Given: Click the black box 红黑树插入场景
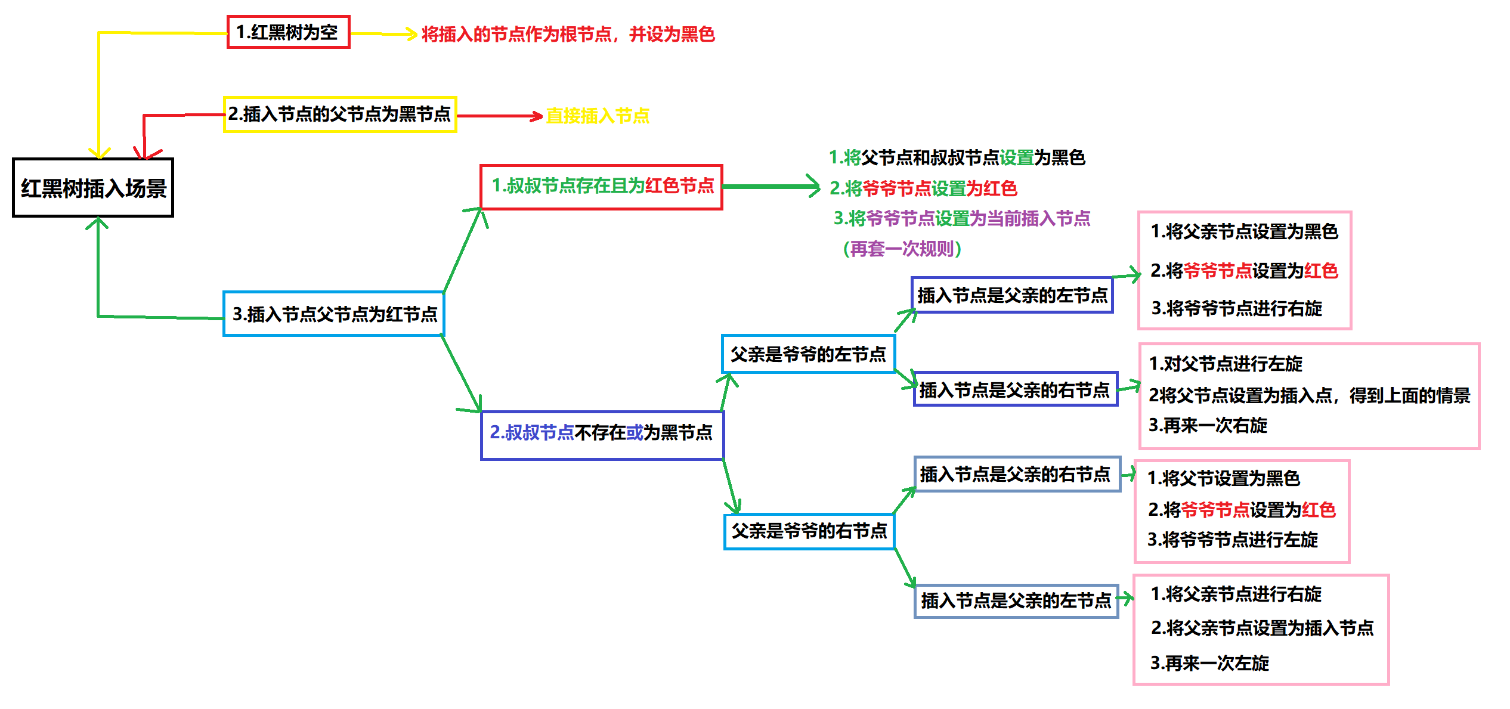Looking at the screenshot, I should click(93, 188).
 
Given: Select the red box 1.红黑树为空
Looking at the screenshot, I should click(288, 32).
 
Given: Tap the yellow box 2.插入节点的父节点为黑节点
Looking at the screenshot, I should click(340, 114).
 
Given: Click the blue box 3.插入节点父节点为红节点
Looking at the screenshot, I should click(334, 314).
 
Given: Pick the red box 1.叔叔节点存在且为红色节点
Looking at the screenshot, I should click(601, 187).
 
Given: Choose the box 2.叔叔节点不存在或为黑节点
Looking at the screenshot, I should click(602, 435).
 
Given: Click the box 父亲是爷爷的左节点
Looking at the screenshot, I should click(808, 354).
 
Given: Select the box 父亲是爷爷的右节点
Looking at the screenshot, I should click(809, 531).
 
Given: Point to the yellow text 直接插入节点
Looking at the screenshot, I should click(598, 116).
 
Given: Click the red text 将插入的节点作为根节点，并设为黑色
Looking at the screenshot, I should click(568, 34).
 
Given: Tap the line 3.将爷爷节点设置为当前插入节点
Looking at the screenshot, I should click(961, 218).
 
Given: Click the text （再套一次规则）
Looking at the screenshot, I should click(902, 249).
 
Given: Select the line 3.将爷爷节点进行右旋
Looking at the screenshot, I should click(1236, 308).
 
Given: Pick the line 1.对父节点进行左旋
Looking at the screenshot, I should click(1226, 364).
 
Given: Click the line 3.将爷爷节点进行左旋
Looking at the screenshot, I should click(1233, 540).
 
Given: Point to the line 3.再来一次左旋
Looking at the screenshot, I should click(1209, 663).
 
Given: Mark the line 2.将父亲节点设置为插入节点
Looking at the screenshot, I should click(1262, 628).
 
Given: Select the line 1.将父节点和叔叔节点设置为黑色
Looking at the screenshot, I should click(957, 157).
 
